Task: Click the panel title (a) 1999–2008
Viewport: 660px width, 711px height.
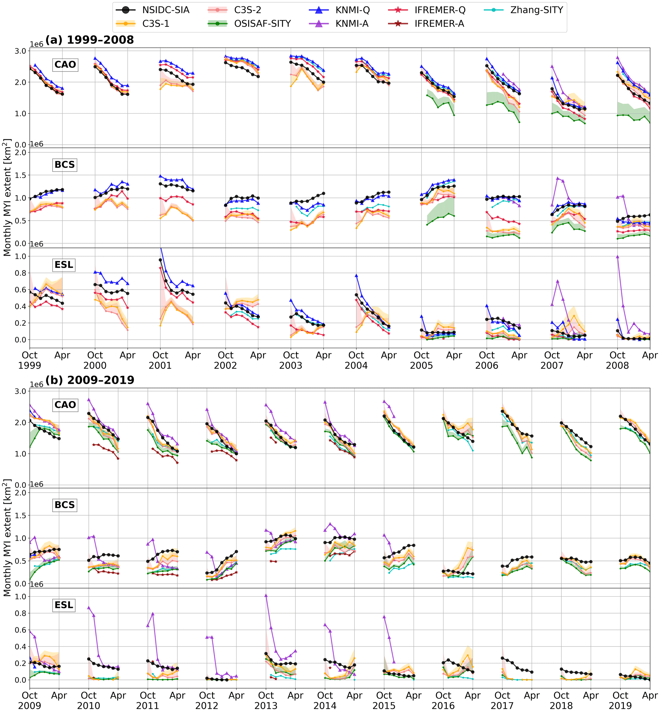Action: click(x=90, y=40)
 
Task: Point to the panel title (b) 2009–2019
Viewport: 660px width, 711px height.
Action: click(x=90, y=380)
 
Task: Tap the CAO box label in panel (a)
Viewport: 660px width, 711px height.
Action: click(x=65, y=64)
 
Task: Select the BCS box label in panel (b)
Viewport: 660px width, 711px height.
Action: click(x=64, y=505)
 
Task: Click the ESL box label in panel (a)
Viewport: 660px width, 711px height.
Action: click(x=64, y=265)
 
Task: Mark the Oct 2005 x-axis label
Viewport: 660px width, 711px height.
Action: click(x=421, y=360)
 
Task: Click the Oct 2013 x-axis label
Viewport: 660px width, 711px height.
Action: click(x=266, y=700)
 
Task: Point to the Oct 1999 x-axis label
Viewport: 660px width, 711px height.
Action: click(x=30, y=360)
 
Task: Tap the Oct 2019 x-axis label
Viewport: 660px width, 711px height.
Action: click(x=620, y=700)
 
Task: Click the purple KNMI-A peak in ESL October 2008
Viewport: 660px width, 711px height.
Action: click(x=618, y=256)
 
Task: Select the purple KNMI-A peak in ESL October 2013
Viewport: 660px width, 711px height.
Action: click(x=266, y=595)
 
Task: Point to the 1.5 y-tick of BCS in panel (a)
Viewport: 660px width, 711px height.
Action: click(x=20, y=175)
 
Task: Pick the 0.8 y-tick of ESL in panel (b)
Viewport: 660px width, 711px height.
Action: click(x=20, y=613)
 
